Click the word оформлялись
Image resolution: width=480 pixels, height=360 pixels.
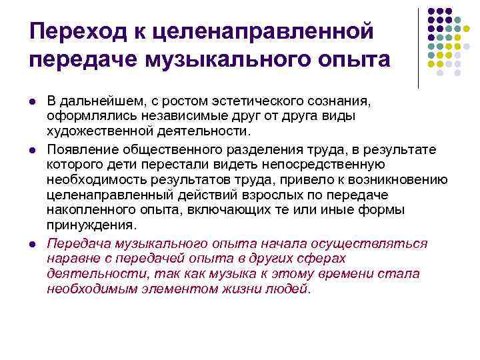coord(89,116)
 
